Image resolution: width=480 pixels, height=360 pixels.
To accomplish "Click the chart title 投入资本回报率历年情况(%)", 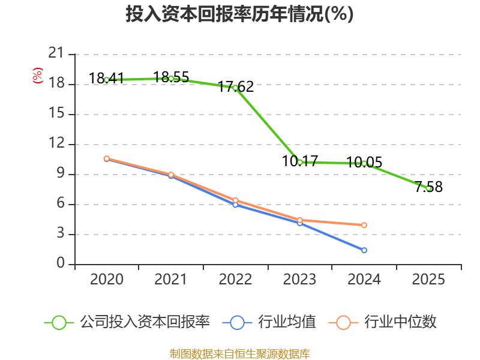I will coord(239,14).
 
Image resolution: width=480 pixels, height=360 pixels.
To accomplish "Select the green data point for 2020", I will coord(107,80).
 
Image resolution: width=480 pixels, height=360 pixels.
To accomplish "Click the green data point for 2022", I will coord(235,88).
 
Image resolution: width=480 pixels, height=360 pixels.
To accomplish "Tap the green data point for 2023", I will coord(300,162).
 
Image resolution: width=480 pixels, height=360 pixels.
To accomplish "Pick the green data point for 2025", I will coord(428,188).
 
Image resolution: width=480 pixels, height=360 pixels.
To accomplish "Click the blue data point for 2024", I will coord(364,250).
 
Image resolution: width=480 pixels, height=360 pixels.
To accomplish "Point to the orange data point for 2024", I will coord(364,225).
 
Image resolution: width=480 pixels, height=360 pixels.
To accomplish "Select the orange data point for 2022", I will coord(235,200).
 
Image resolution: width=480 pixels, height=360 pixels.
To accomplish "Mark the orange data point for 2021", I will coord(171,175).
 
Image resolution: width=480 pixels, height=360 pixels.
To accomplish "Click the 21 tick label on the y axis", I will coord(56,54).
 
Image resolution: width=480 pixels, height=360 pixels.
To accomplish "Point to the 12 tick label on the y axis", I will coord(56,144).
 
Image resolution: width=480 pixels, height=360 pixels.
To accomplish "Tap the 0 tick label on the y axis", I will coord(60,264).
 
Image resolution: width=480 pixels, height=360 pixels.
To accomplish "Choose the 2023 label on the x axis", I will coord(300,280).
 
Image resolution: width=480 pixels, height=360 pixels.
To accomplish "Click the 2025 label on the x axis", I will coord(428,280).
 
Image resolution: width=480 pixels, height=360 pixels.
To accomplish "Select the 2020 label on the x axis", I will coord(107,280).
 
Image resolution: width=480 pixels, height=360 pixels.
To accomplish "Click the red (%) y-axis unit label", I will coord(37,76).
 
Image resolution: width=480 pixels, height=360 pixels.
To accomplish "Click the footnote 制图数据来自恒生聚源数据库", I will coord(239,353).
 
